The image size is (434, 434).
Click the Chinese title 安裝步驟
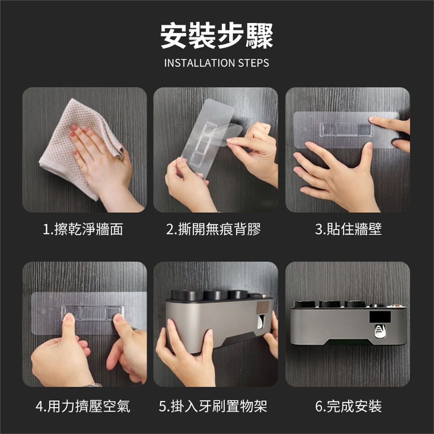pyautogui.click(x=217, y=36)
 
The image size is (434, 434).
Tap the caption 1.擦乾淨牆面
pyautogui.click(x=83, y=230)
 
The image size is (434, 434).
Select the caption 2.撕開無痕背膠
pyautogui.click(x=213, y=230)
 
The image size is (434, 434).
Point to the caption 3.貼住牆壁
pyautogui.click(x=348, y=230)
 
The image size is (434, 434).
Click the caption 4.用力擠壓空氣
pyautogui.click(x=83, y=406)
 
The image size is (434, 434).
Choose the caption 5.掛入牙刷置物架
pyautogui.click(x=213, y=406)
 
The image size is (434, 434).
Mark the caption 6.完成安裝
pyautogui.click(x=348, y=406)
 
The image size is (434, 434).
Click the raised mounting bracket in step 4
pyautogui.click(x=92, y=313)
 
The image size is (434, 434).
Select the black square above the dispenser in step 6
pyautogui.click(x=380, y=317)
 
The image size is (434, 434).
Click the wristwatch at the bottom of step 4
pyautogui.click(x=94, y=385)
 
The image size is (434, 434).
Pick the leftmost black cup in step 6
pyautogui.click(x=304, y=304)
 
